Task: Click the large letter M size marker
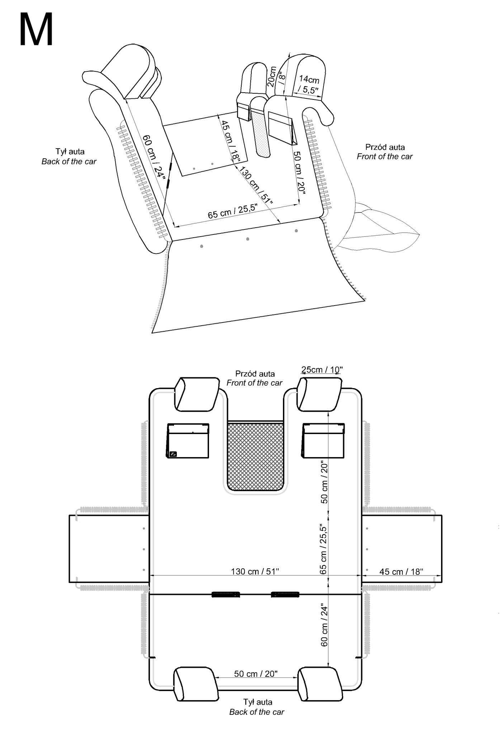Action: point(36,30)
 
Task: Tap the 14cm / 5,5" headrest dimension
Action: point(309,84)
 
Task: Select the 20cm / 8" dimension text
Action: point(276,76)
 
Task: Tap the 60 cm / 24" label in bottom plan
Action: point(324,625)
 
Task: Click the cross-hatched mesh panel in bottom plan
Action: point(255,457)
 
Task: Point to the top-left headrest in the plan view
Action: point(197,394)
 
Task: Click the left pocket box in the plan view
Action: point(188,441)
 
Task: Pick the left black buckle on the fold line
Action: point(226,595)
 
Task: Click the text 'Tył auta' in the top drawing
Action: point(70,152)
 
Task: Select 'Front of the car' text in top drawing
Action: point(384,157)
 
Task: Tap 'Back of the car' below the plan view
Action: point(257,712)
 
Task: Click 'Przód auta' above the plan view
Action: point(255,374)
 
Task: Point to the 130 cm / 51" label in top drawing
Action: point(256,185)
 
